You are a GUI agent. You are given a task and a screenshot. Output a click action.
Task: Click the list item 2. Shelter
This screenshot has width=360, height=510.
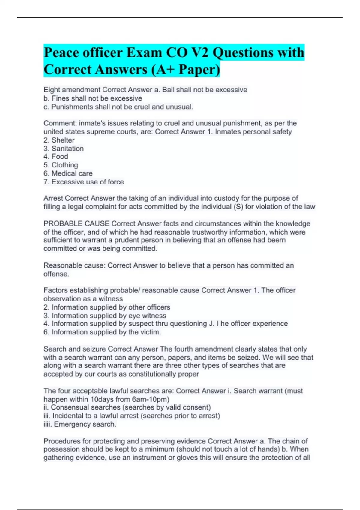(x=59, y=140)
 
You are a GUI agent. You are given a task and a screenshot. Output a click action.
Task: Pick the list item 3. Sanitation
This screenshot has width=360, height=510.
(x=64, y=148)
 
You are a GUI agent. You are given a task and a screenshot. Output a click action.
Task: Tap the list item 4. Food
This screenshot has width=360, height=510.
(x=56, y=157)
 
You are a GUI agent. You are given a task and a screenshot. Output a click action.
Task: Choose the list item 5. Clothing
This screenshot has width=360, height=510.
(x=61, y=165)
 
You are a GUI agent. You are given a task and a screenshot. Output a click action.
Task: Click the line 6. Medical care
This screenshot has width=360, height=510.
(x=68, y=173)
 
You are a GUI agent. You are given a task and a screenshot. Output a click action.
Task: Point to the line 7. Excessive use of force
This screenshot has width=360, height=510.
(x=84, y=182)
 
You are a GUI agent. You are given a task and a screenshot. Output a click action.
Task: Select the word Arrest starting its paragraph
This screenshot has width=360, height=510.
(x=53, y=198)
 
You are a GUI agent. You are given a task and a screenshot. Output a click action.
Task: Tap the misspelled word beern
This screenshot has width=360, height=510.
(x=276, y=240)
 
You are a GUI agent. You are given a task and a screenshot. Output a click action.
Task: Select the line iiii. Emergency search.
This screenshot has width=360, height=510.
(x=80, y=424)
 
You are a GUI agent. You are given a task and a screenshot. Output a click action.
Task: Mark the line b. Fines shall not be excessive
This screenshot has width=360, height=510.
(x=93, y=98)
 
